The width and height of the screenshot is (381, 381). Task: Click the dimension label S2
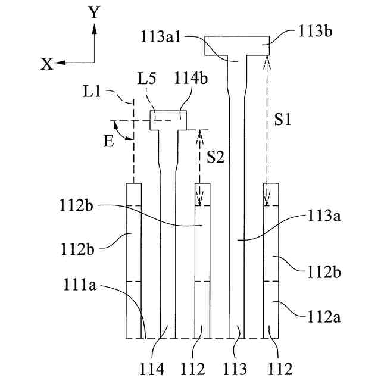(216, 157)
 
